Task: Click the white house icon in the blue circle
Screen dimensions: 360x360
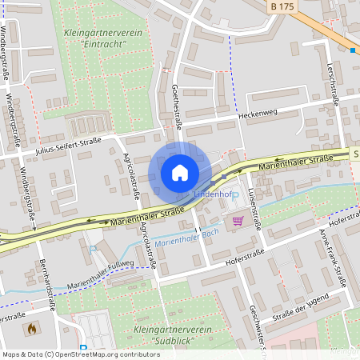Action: pos(180,173)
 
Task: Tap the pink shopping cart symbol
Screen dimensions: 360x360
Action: pos(237,220)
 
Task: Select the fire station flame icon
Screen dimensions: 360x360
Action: pos(32,328)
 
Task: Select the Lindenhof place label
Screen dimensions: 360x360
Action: pos(212,194)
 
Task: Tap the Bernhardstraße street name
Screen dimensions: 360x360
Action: pos(45,281)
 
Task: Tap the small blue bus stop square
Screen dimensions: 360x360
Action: pos(353,50)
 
